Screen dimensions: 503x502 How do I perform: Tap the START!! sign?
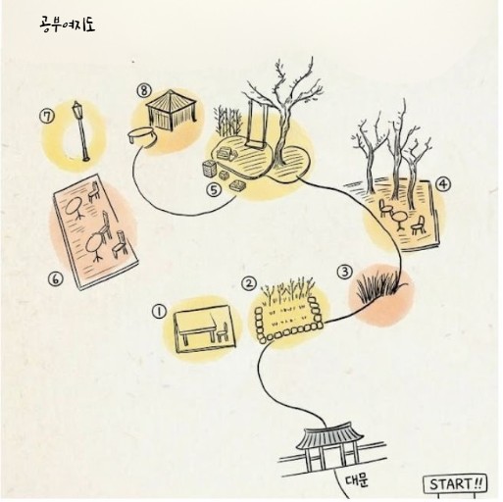point(455,484)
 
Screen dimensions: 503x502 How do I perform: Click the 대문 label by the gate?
point(357,480)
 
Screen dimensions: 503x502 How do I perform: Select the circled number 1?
point(159,312)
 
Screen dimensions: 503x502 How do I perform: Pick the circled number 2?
point(249,283)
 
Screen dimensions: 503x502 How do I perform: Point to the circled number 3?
point(345,272)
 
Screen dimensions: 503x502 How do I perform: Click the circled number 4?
point(443,185)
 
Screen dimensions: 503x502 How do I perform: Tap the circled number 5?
point(214,190)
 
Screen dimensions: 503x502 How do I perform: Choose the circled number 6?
point(55,278)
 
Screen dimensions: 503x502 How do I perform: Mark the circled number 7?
point(47,117)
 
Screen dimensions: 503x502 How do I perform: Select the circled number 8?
point(144,91)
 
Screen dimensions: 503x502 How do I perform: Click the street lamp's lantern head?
point(76,107)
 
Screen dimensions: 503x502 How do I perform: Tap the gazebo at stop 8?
point(172,110)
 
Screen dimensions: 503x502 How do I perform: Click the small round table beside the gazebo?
point(142,136)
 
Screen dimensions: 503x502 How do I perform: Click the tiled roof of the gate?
point(330,435)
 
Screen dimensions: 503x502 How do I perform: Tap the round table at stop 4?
point(399,220)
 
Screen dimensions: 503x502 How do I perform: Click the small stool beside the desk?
point(223,332)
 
